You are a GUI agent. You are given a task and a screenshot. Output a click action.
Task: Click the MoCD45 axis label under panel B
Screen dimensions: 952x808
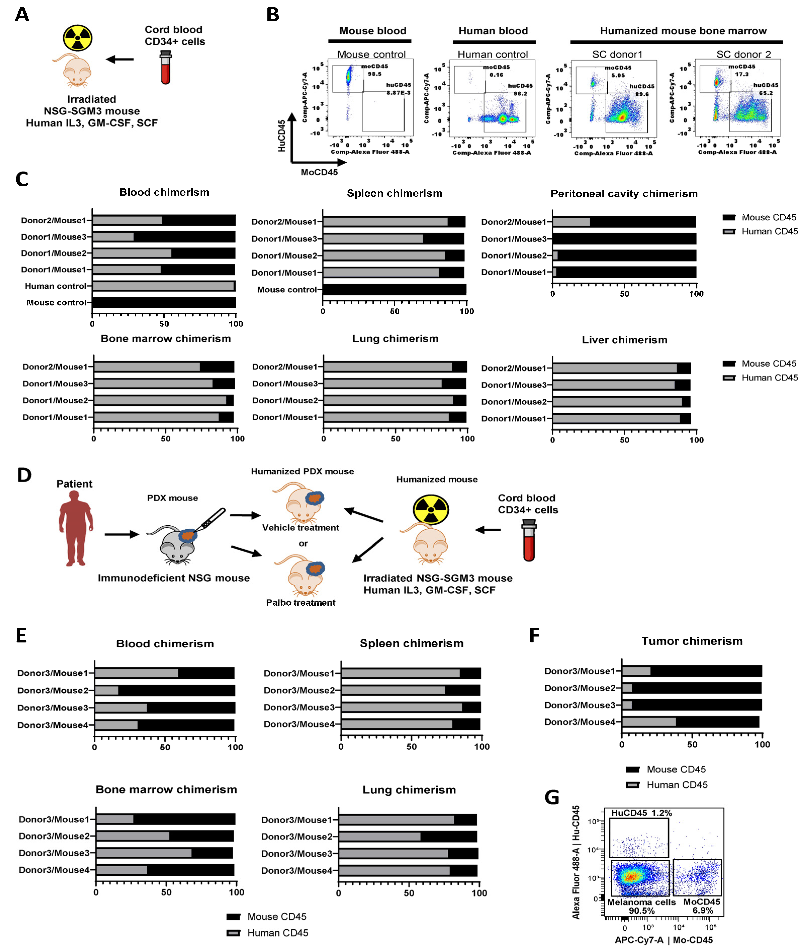(319, 172)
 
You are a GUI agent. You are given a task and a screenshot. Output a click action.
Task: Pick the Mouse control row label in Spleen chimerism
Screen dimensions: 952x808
(287, 289)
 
